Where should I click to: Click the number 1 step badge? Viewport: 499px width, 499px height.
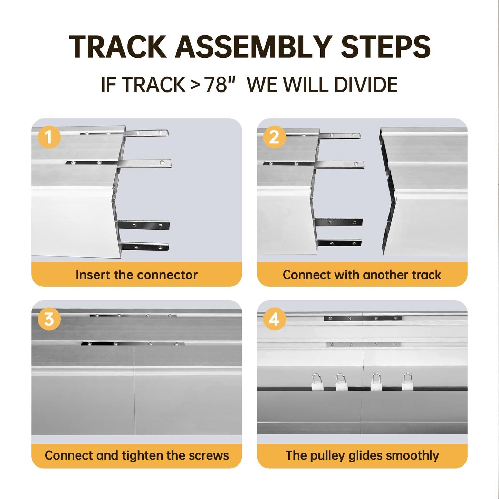[49, 137]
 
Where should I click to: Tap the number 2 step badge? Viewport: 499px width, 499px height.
[274, 137]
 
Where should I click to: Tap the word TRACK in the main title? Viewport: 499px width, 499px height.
[118, 47]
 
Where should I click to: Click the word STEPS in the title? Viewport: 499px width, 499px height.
[385, 47]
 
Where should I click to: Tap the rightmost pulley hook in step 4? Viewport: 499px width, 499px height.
[407, 382]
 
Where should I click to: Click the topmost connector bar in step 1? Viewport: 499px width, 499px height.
[146, 133]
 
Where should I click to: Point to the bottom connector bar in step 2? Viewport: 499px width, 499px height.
[339, 243]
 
